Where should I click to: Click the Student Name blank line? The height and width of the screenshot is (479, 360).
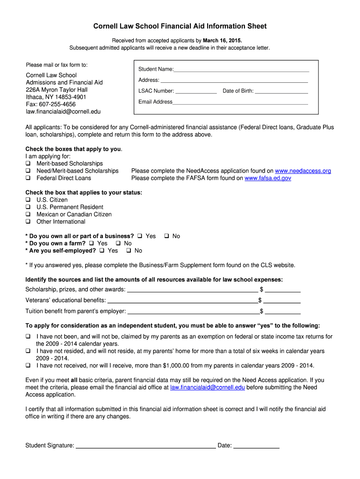click(x=241, y=70)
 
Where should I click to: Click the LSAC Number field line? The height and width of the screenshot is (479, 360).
click(x=196, y=92)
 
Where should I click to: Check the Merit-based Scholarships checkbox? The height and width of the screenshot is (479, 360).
click(x=28, y=164)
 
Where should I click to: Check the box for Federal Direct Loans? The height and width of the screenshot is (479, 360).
click(x=28, y=178)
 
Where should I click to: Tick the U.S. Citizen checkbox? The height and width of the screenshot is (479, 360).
click(x=28, y=200)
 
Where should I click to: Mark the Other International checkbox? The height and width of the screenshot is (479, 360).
click(x=28, y=222)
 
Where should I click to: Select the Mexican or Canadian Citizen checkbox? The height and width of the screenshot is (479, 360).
click(x=28, y=215)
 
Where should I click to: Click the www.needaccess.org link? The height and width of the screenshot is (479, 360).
click(x=303, y=171)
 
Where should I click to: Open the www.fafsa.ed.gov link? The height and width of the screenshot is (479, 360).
click(x=268, y=178)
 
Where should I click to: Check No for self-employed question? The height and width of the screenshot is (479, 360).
click(x=129, y=251)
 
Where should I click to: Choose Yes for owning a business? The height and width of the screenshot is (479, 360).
click(x=139, y=236)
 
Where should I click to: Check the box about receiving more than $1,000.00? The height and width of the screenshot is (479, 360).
click(x=28, y=366)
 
